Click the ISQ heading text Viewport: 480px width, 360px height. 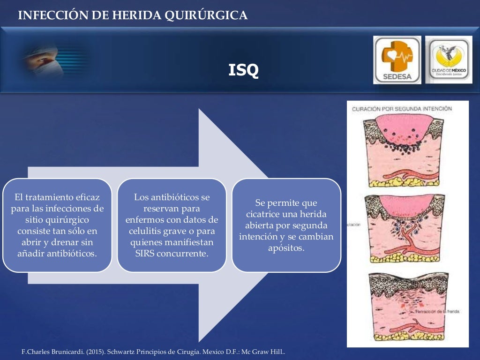[243, 70]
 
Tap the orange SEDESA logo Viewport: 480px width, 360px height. [397, 60]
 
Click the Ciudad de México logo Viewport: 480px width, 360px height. [449, 60]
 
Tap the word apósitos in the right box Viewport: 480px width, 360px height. [286, 248]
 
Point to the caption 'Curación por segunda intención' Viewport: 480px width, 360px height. [402, 109]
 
